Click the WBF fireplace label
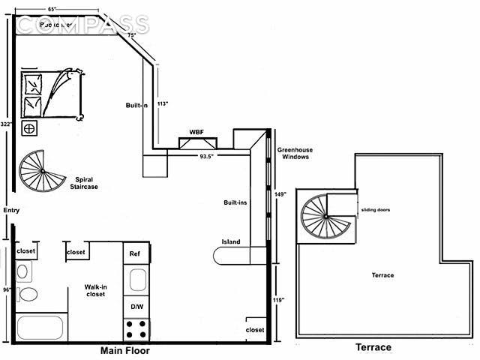(x=196, y=132)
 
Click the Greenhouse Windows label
(x=295, y=154)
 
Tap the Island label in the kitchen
(x=230, y=241)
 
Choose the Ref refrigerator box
(x=136, y=253)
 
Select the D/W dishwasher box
(x=136, y=306)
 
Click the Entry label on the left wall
(x=10, y=211)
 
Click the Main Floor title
(x=124, y=351)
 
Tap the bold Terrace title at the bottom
(x=372, y=348)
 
